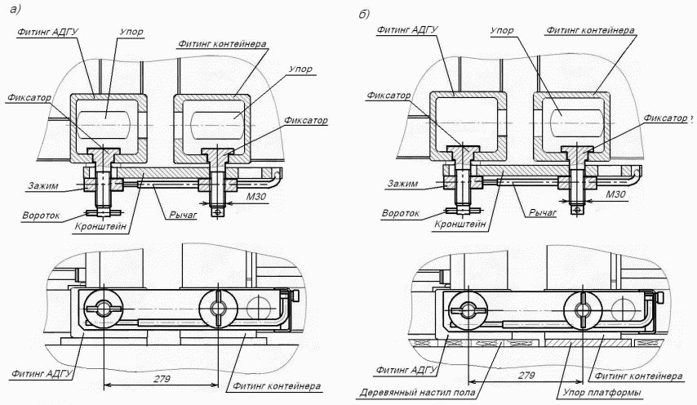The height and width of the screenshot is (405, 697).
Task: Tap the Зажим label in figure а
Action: (40, 186)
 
